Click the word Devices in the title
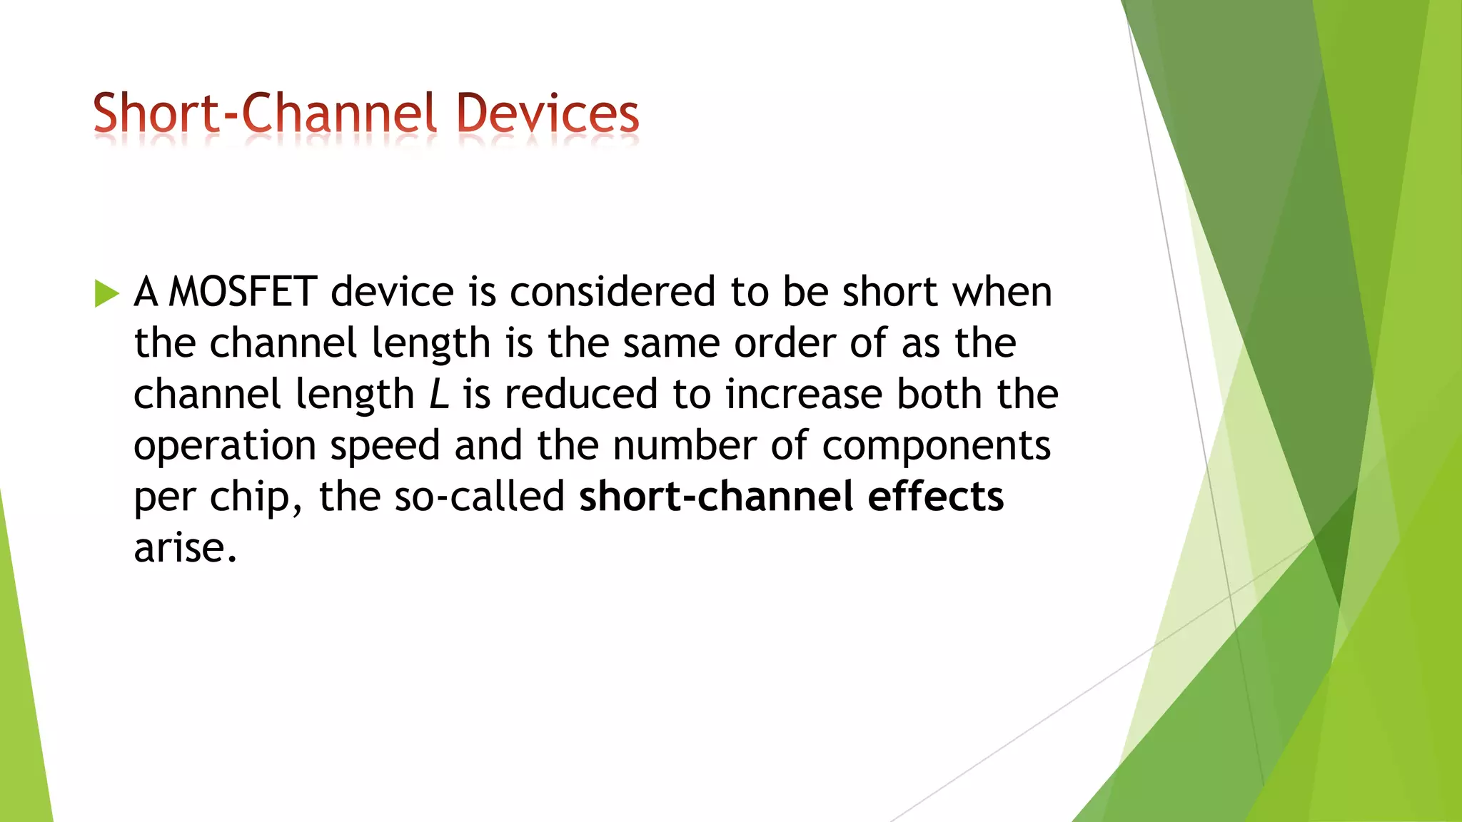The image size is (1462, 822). click(548, 114)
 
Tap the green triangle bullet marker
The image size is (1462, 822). click(106, 293)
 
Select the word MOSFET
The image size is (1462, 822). click(243, 293)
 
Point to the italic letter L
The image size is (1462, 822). click(439, 395)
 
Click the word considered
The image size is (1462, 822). click(612, 293)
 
